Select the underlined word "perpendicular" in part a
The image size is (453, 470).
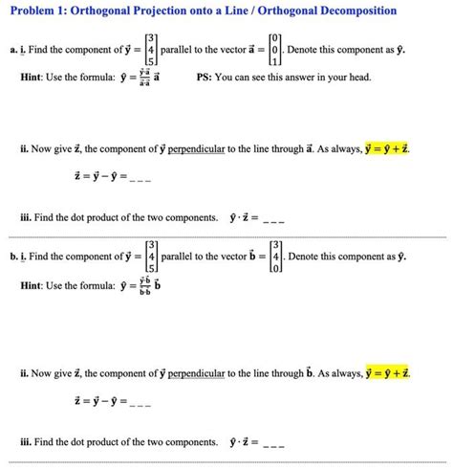[209, 150]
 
